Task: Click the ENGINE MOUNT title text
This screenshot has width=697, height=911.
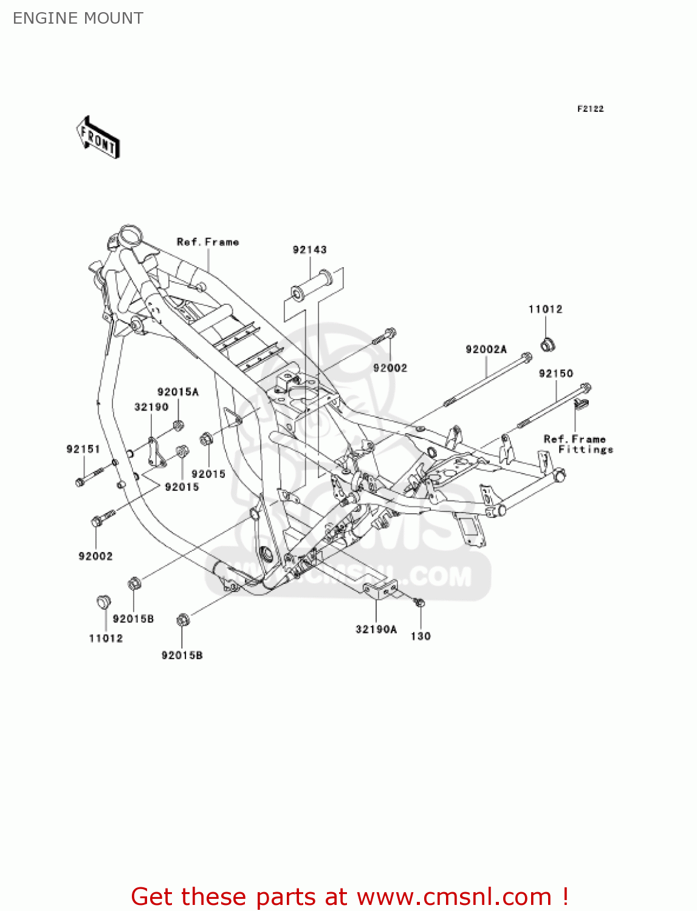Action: pyautogui.click(x=78, y=18)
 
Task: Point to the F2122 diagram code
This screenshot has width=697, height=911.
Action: pyautogui.click(x=590, y=109)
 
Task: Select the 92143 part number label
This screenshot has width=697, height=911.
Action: pyautogui.click(x=309, y=250)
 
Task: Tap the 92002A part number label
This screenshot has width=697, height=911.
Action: pyautogui.click(x=486, y=349)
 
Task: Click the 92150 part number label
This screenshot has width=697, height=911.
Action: pyautogui.click(x=555, y=374)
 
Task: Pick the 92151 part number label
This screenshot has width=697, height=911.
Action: pyautogui.click(x=83, y=449)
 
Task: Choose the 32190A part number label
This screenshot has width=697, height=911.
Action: pyautogui.click(x=376, y=629)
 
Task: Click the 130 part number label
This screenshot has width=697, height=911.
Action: pyautogui.click(x=421, y=636)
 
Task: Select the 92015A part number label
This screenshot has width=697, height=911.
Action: pyautogui.click(x=177, y=392)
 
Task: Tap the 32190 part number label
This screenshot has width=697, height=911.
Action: pyautogui.click(x=151, y=407)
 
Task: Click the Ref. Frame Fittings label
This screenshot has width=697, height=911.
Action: pyautogui.click(x=577, y=444)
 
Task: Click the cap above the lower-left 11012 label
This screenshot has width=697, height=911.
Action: pyautogui.click(x=104, y=602)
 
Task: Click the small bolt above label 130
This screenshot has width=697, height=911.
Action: pyautogui.click(x=419, y=602)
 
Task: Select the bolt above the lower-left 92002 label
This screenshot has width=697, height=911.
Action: pyautogui.click(x=101, y=519)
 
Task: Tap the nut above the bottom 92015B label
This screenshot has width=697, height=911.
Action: pyautogui.click(x=182, y=620)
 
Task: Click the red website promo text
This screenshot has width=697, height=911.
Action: pyautogui.click(x=349, y=896)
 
